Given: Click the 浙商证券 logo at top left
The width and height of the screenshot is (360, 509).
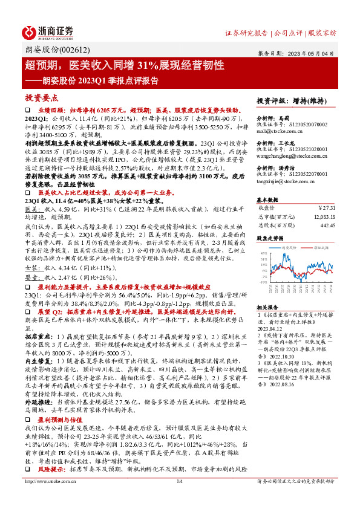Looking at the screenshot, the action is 48,31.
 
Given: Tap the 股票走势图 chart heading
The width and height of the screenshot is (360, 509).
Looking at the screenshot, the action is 270,238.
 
